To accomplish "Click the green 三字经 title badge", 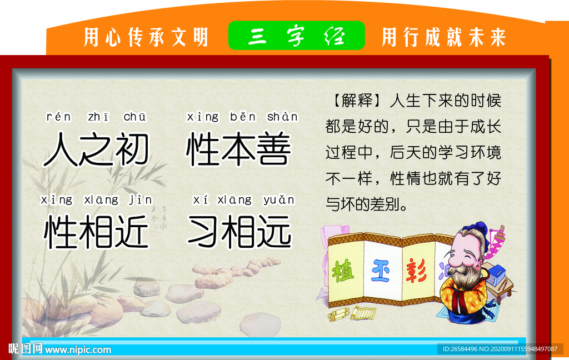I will [x=297, y=36].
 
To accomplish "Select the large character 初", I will [x=132, y=149].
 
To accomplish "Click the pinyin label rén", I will [x=58, y=117].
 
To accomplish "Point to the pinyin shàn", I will [x=282, y=117].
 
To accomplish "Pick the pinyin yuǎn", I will [x=279, y=199].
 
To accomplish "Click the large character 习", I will [x=203, y=231].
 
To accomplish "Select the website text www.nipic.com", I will [x=78, y=350].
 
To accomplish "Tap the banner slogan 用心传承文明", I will [x=146, y=37].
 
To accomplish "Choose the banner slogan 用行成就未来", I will [x=444, y=37].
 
